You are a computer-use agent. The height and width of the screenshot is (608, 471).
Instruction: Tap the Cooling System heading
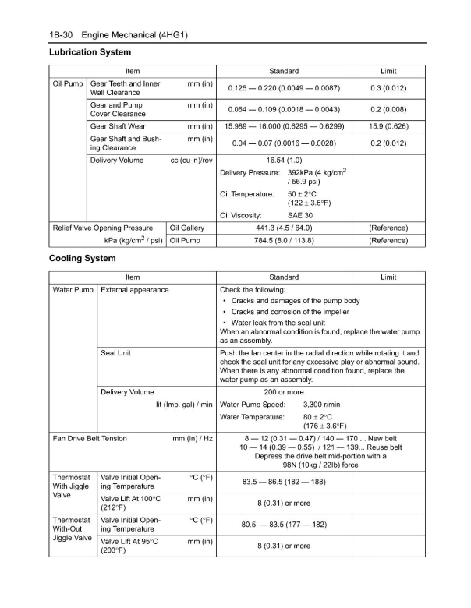[82, 258]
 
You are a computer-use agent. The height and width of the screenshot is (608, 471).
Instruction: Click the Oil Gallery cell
[186, 228]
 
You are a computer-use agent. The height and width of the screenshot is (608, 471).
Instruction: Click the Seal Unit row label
[116, 353]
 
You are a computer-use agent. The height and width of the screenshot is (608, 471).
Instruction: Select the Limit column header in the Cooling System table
[388, 277]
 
